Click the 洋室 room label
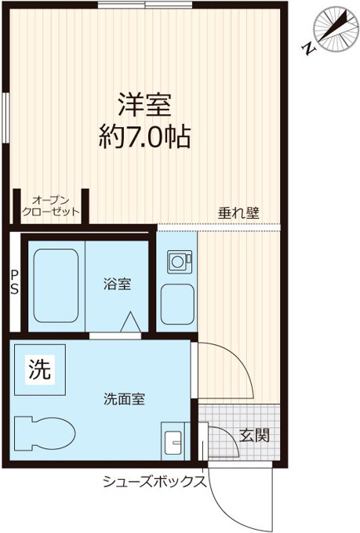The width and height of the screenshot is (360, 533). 144,105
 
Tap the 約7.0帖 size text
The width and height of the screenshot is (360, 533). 144,136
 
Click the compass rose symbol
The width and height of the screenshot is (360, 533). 336,30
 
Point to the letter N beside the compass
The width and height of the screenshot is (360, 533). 309,49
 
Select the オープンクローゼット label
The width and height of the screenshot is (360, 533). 51,206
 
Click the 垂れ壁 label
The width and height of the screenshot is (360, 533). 238,212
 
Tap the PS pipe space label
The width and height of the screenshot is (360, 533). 15,282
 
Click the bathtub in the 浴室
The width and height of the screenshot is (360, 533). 56,286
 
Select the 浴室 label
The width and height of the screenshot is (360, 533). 118,284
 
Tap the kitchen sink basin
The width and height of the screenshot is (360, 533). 177,304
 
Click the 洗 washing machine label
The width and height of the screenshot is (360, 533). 40,369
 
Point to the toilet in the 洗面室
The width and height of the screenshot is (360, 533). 45,433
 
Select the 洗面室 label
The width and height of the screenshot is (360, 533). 125,399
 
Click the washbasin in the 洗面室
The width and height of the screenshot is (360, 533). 173,442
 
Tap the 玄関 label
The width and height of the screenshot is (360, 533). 255,436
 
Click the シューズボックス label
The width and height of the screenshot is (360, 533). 155,481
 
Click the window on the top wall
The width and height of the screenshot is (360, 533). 145,5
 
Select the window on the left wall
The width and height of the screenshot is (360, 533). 5,118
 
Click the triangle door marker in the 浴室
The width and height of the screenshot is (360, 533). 131,321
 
